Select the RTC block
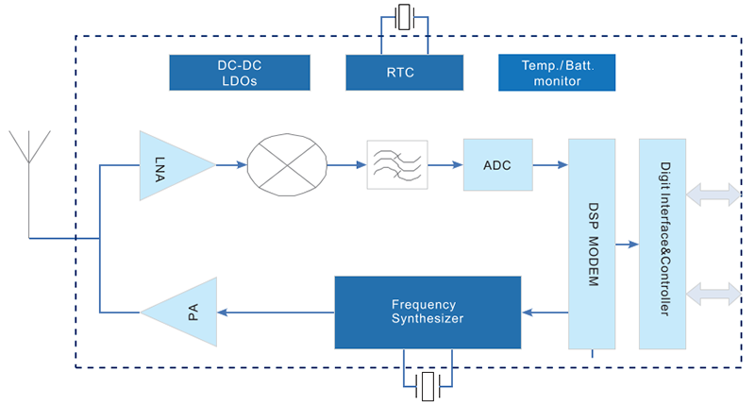(404, 73)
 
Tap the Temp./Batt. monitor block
(556, 73)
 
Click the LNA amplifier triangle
(170, 165)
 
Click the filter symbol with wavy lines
(397, 165)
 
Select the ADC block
(497, 165)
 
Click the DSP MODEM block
(592, 245)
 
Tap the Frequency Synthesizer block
(428, 312)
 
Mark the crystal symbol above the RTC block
(405, 16)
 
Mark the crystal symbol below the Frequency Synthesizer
(429, 384)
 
